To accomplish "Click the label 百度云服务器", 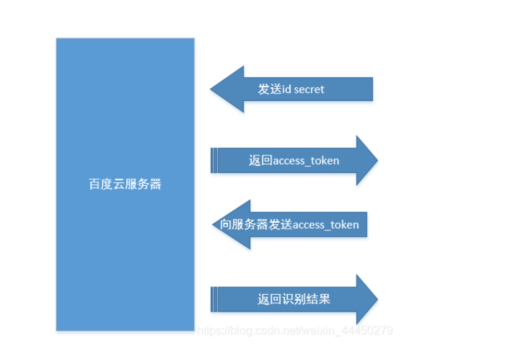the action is (x=125, y=184).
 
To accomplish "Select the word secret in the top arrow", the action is (x=309, y=89).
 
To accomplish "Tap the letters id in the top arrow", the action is (x=287, y=89).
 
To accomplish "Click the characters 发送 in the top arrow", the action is (x=269, y=89).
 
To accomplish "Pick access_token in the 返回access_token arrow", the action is (x=306, y=161).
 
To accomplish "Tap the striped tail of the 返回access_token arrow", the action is (x=214, y=160).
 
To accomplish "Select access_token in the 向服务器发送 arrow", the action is (x=326, y=225).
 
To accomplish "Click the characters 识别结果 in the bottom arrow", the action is (x=306, y=300).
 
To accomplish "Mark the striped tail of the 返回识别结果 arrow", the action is (x=214, y=300).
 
